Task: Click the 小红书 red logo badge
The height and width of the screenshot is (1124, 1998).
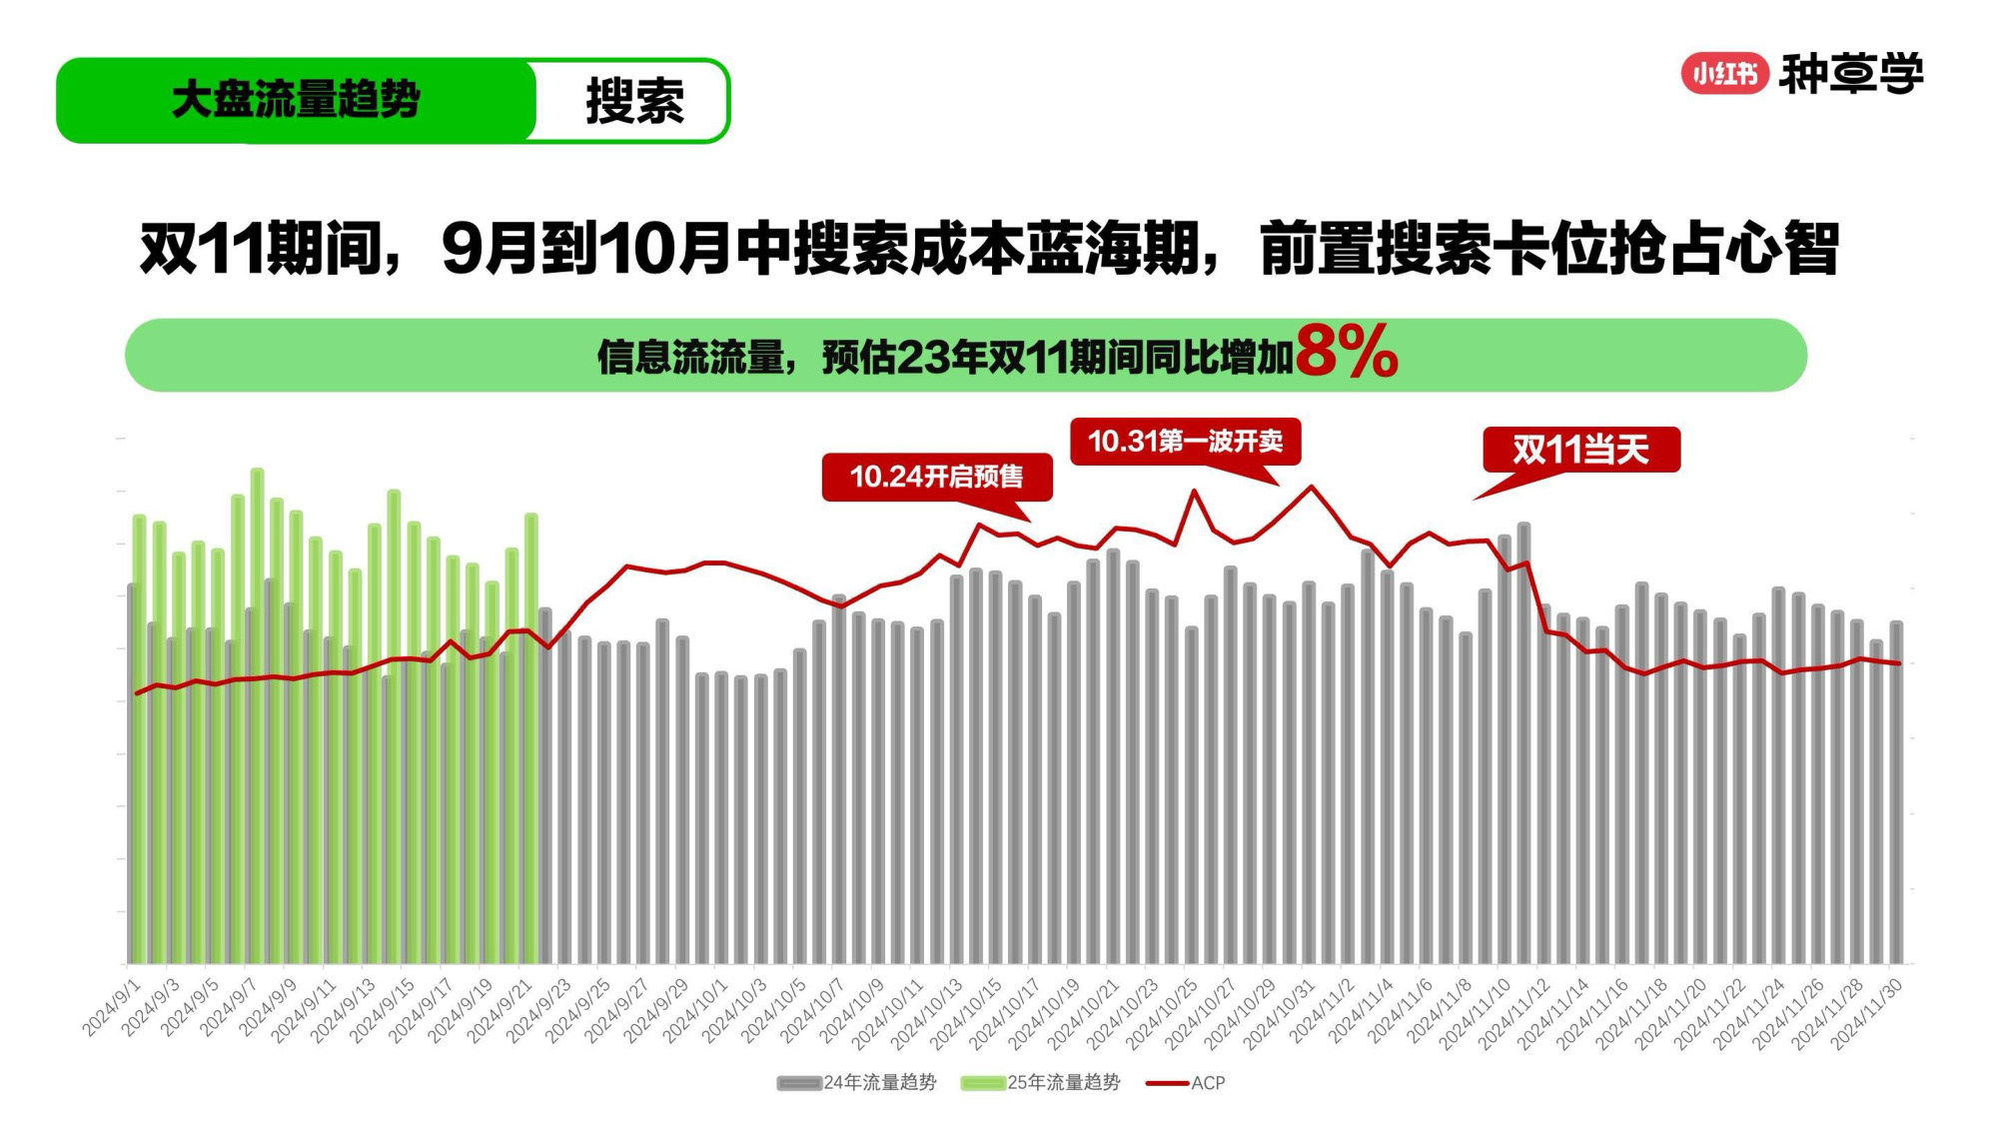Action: (x=1724, y=73)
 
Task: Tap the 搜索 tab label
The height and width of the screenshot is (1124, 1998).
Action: (x=634, y=101)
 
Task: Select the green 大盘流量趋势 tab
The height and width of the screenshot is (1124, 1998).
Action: (x=296, y=101)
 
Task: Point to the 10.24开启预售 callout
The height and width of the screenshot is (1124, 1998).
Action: (x=936, y=477)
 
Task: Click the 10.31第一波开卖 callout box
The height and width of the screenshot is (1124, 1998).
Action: (x=1185, y=441)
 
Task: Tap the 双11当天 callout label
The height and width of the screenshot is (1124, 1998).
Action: (x=1580, y=450)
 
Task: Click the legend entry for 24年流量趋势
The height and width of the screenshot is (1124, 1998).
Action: (x=858, y=1082)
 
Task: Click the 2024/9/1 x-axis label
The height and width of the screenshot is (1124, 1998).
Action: (x=112, y=1009)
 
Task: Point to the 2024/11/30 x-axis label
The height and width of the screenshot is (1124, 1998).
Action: (x=1867, y=1013)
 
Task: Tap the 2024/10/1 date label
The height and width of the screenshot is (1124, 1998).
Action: (x=697, y=1011)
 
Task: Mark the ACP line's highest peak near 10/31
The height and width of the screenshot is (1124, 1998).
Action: (x=1312, y=487)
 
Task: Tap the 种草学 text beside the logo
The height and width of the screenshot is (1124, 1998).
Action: (x=1850, y=73)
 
